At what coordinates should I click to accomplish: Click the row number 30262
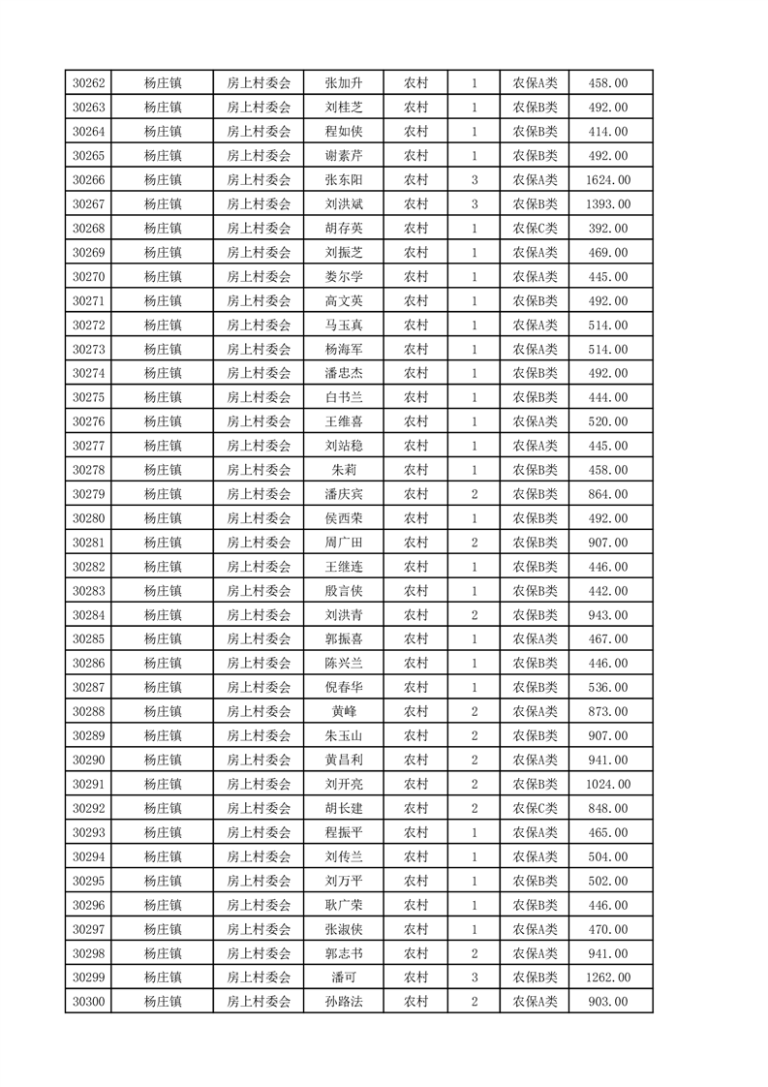[88, 83]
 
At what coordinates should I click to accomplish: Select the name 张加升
[344, 83]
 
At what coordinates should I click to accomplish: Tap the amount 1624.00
[608, 180]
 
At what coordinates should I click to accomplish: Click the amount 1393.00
[608, 204]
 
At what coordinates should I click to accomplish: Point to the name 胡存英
[344, 229]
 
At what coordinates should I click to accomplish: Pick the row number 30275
[88, 397]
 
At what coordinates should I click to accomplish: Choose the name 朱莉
[344, 470]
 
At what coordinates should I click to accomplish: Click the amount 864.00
[608, 494]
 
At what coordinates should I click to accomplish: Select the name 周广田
[344, 543]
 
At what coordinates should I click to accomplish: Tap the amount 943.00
[608, 615]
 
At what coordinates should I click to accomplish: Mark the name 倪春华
[344, 688]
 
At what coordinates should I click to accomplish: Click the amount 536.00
[608, 688]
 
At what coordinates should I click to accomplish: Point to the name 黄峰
[344, 712]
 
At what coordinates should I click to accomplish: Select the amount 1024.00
[608, 785]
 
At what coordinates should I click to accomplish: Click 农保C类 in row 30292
[535, 809]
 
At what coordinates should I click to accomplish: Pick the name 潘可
[344, 978]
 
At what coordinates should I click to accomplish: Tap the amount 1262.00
[608, 978]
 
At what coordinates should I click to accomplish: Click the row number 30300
[88, 1002]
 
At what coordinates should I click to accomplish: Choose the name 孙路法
[344, 1002]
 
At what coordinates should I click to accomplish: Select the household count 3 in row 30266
[475, 180]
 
